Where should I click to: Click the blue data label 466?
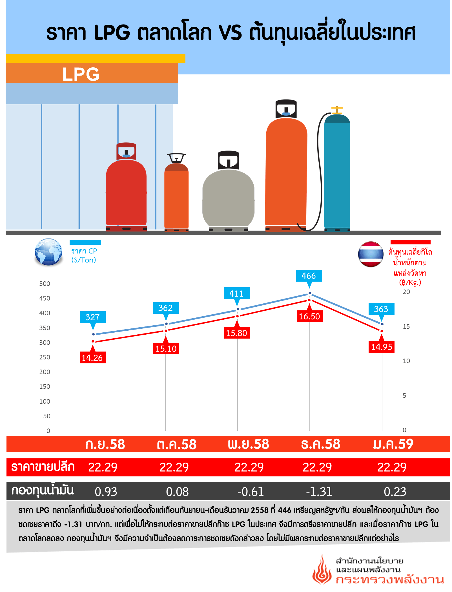(x=309, y=276)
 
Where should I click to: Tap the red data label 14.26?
(x=92, y=358)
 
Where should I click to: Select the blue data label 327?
(x=92, y=317)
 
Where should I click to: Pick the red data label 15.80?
(x=237, y=333)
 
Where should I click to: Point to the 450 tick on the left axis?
(x=45, y=298)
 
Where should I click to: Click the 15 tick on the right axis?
(x=406, y=326)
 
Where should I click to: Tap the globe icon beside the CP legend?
(x=48, y=252)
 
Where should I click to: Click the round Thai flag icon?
(x=371, y=254)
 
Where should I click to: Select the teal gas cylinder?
(x=337, y=172)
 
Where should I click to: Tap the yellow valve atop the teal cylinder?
(x=337, y=109)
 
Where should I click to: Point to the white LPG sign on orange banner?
(x=81, y=74)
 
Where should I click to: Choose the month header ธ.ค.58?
(x=320, y=444)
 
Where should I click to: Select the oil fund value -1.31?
(x=319, y=492)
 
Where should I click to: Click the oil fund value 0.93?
(x=106, y=492)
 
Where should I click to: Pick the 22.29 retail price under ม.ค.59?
(x=392, y=467)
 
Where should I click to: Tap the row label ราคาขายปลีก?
(x=43, y=467)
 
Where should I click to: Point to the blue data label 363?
(x=381, y=309)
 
